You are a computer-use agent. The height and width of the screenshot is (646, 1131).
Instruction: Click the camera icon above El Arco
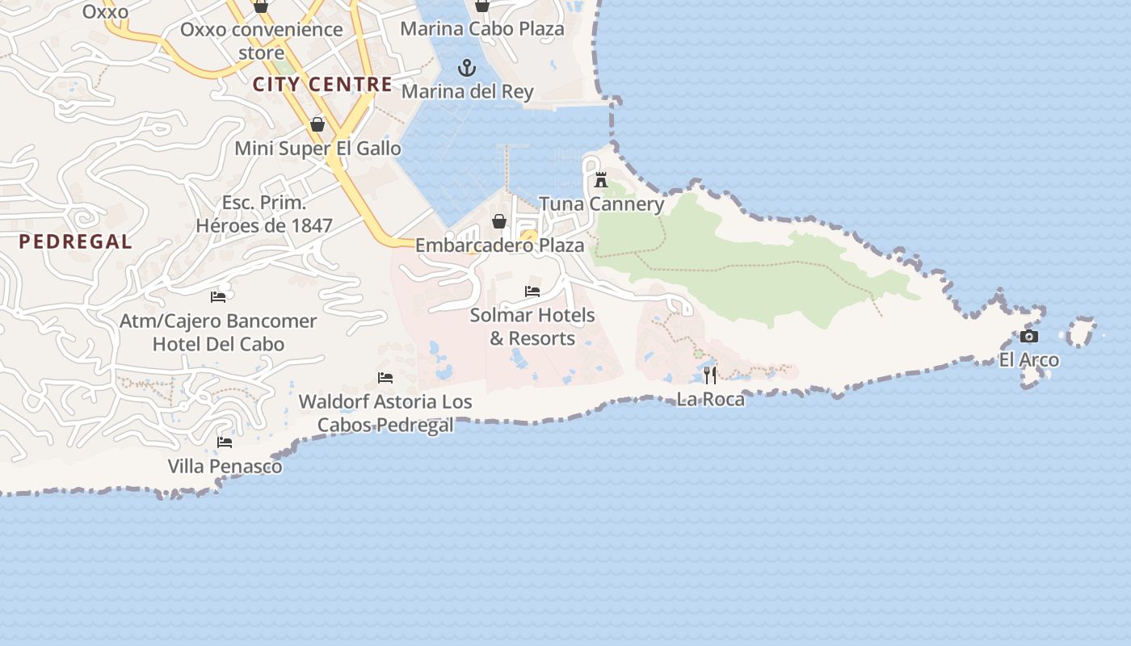(x=1028, y=336)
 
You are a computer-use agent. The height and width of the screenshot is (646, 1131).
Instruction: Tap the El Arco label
(x=1028, y=360)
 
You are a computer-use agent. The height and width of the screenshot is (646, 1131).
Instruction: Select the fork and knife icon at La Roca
(x=710, y=375)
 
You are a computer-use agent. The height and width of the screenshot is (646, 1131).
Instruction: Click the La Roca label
(x=710, y=399)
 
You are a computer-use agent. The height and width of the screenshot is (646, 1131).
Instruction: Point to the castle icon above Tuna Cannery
(x=600, y=179)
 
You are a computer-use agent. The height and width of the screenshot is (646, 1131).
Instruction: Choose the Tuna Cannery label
(x=601, y=204)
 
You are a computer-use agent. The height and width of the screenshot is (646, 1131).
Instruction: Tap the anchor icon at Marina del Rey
(x=467, y=67)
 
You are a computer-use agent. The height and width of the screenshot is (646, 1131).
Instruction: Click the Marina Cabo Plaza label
(x=482, y=29)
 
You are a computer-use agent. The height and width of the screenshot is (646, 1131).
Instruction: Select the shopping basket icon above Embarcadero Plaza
(x=499, y=221)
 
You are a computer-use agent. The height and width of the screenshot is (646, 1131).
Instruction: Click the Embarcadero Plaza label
(x=499, y=245)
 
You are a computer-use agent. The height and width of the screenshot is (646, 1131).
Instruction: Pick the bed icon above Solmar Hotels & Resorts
(x=532, y=292)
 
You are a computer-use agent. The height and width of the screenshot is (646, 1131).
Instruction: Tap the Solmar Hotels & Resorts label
(x=532, y=326)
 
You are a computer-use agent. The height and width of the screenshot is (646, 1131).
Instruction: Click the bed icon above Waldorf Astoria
(x=385, y=377)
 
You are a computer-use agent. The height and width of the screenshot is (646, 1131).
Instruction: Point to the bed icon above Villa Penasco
(x=225, y=442)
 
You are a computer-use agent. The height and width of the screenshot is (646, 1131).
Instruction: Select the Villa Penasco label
(x=225, y=466)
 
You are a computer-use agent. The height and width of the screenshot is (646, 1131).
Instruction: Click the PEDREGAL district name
(x=75, y=241)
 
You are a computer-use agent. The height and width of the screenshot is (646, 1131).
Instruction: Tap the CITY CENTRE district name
(x=322, y=85)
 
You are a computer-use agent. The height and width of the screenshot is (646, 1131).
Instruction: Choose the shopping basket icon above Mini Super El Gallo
(x=317, y=124)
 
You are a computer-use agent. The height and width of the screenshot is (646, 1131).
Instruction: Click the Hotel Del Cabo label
(x=218, y=344)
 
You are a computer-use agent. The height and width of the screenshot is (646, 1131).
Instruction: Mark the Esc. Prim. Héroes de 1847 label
(x=264, y=214)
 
